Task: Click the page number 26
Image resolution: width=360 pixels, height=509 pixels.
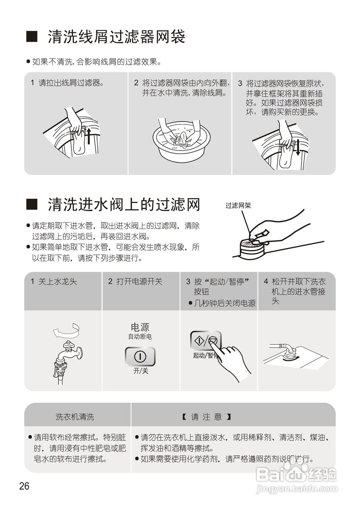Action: (x=24, y=486)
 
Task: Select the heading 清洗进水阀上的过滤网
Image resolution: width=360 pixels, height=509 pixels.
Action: (x=123, y=205)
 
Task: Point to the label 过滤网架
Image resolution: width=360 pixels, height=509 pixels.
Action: (x=238, y=206)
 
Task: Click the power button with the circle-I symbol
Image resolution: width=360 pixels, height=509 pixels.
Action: (x=140, y=356)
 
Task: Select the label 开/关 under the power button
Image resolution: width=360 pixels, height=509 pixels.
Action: (x=140, y=371)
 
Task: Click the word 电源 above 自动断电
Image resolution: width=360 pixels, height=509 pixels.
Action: (x=140, y=327)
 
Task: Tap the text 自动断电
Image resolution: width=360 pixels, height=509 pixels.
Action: (x=140, y=337)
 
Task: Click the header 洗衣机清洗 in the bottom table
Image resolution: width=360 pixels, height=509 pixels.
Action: (x=75, y=417)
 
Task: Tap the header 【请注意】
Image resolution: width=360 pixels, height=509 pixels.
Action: (x=206, y=417)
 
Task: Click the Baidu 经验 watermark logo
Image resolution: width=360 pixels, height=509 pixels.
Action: (x=296, y=474)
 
